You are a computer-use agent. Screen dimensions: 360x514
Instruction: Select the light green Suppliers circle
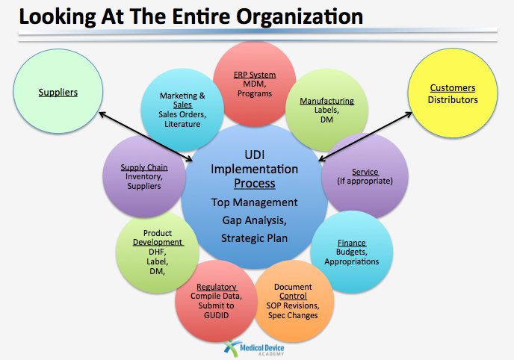pyautogui.click(x=58, y=93)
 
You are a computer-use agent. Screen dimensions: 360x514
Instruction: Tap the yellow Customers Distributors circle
pyautogui.click(x=453, y=94)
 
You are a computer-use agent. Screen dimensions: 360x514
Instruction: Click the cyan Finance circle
pyautogui.click(x=351, y=252)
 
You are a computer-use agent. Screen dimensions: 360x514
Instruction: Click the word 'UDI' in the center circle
pyautogui.click(x=255, y=155)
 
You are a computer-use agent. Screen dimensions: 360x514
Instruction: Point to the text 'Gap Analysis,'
pyautogui.click(x=254, y=220)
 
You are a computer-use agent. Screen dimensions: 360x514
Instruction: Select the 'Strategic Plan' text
pyautogui.click(x=254, y=238)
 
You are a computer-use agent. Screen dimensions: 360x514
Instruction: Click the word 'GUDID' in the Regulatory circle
pyautogui.click(x=216, y=314)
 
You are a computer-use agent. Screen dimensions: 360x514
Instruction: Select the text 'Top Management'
pyautogui.click(x=254, y=202)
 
